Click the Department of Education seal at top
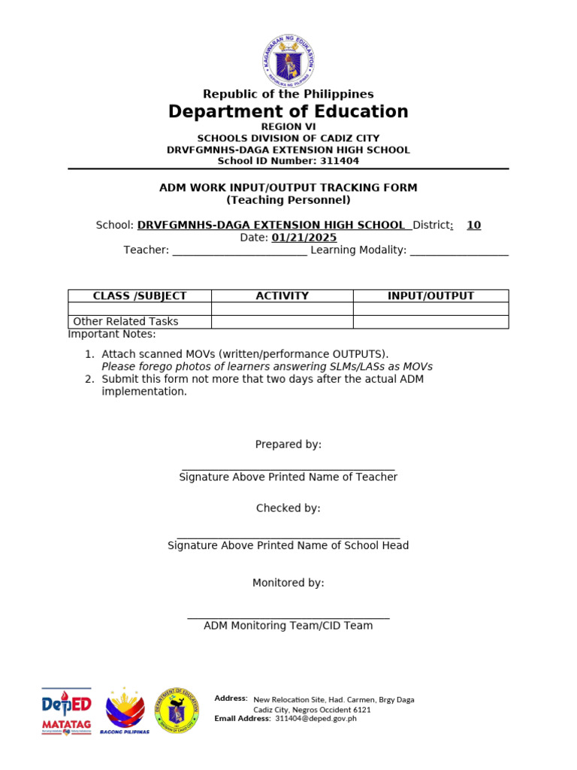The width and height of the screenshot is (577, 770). tap(288, 60)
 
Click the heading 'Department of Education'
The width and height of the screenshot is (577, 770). tap(288, 112)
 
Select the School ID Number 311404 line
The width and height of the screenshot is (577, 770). tap(288, 161)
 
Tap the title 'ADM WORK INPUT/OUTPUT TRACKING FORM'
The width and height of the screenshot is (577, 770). tap(288, 187)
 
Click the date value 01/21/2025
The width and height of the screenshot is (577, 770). tap(304, 238)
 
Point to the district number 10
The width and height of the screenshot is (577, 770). tap(473, 225)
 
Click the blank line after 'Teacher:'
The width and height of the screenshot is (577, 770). tap(240, 250)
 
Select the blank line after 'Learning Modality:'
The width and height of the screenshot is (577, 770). tap(459, 250)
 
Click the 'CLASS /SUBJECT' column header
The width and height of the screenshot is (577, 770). tap(140, 296)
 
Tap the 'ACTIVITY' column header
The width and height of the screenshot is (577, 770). tap(282, 296)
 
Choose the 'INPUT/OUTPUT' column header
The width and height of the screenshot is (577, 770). tap(430, 296)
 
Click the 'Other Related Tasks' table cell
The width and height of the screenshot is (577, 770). tap(126, 322)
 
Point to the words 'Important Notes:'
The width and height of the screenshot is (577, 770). tap(112, 334)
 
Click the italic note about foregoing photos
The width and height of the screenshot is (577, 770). tap(267, 367)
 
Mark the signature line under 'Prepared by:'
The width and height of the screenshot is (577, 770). tap(288, 468)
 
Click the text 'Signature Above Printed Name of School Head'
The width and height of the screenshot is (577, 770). tap(288, 545)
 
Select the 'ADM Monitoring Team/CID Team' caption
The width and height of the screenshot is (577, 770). tap(288, 626)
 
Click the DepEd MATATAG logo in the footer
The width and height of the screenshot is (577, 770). tap(66, 711)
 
